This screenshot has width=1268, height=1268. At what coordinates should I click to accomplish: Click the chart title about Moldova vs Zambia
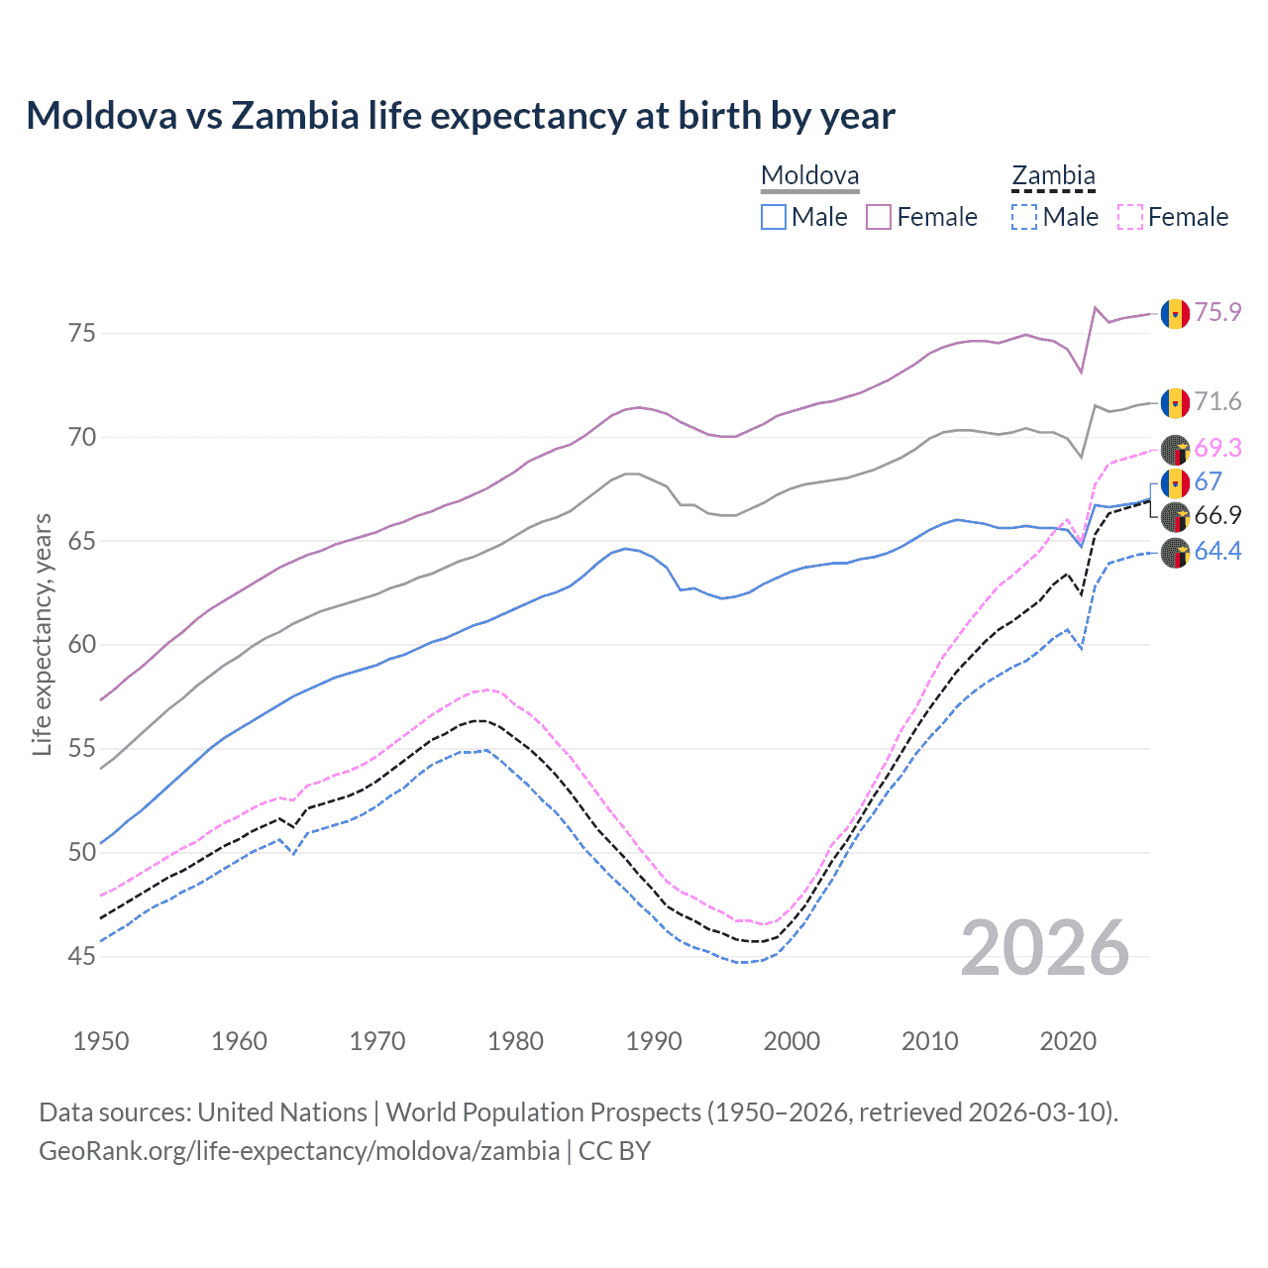(x=461, y=116)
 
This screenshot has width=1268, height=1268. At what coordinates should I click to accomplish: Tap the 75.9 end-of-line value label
(x=1217, y=312)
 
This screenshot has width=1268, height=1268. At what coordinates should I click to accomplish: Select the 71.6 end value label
(x=1217, y=401)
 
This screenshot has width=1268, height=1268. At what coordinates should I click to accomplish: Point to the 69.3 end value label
(x=1217, y=448)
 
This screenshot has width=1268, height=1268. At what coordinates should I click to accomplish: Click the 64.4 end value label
(x=1217, y=551)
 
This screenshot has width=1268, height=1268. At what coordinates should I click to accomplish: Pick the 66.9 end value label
(x=1217, y=515)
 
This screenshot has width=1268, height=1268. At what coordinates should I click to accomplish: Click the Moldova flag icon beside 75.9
(x=1175, y=313)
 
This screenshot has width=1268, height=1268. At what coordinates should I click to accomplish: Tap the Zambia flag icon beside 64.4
(x=1175, y=553)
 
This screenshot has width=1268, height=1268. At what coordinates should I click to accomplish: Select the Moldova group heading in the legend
(x=809, y=176)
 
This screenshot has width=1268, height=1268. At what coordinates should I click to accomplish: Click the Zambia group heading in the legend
(x=1053, y=176)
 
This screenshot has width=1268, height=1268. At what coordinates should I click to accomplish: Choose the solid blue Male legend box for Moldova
(x=774, y=217)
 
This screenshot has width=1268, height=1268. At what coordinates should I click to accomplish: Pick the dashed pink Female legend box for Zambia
(x=1130, y=217)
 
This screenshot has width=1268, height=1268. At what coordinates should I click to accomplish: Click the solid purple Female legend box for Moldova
(x=879, y=217)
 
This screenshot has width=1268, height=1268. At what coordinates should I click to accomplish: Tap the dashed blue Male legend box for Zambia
(x=1024, y=217)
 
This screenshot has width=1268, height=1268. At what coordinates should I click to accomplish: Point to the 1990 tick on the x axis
(x=654, y=1041)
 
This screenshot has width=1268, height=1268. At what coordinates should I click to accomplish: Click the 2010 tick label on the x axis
(x=929, y=1041)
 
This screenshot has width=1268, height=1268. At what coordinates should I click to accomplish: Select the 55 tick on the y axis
(x=82, y=749)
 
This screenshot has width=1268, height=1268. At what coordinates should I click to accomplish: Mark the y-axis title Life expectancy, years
(x=43, y=634)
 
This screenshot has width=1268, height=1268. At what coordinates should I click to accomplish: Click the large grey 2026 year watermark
(x=1045, y=949)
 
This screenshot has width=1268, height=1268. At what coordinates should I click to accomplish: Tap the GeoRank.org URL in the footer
(x=299, y=1151)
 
